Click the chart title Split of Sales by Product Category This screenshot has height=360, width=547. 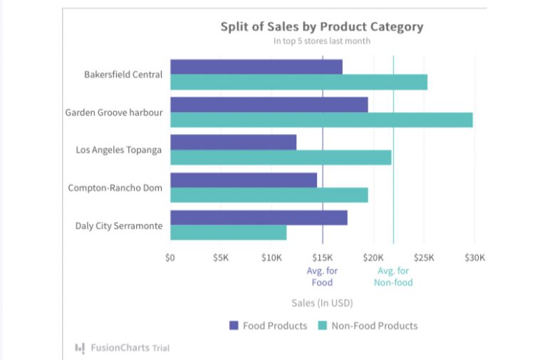[x=321, y=27]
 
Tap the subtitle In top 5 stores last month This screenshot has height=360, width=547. [x=321, y=41]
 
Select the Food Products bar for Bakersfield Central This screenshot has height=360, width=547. [x=256, y=67]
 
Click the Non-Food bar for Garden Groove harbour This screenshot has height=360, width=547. [x=321, y=120]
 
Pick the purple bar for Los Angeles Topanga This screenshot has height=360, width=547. [x=233, y=142]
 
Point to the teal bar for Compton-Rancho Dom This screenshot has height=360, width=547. [x=269, y=195]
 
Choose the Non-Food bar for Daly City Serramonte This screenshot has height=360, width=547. [x=228, y=232]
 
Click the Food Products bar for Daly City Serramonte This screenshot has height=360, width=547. [x=259, y=217]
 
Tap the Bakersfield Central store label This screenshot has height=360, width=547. [x=123, y=74]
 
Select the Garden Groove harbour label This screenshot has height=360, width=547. [x=113, y=112]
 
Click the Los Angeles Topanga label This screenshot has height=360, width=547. [x=118, y=150]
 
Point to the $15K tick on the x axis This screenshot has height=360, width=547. [x=323, y=257]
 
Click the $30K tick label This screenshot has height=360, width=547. [x=474, y=257]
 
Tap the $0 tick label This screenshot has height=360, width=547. [x=170, y=257]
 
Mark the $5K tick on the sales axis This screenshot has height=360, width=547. [x=221, y=257]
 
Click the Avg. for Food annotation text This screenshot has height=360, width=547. [x=322, y=277]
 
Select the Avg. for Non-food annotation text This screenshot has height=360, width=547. [x=393, y=277]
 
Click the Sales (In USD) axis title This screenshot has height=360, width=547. [x=322, y=303]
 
